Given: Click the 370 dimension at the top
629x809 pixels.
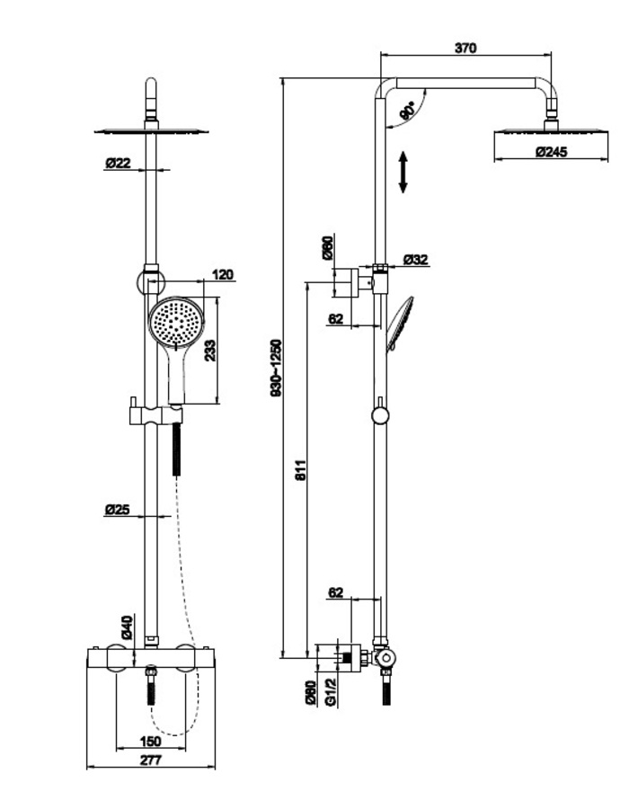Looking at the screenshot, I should [x=465, y=48].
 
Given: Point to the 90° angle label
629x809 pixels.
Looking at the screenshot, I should [x=407, y=111].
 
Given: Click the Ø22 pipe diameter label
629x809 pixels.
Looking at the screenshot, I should [x=119, y=163].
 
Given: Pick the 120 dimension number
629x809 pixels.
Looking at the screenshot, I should [x=223, y=274].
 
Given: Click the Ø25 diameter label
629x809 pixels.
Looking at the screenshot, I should [x=118, y=510].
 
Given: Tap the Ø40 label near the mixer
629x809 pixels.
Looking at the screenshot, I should [x=128, y=627].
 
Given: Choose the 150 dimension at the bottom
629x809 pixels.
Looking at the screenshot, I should [x=151, y=741].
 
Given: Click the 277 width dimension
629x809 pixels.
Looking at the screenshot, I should [x=151, y=761].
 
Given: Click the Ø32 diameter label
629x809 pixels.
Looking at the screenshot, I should [x=416, y=259].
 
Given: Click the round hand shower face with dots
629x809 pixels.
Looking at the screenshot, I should [x=177, y=324].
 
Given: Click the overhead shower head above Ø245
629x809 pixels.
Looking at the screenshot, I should [x=549, y=133].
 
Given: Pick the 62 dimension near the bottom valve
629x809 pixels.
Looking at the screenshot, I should [x=335, y=592].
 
